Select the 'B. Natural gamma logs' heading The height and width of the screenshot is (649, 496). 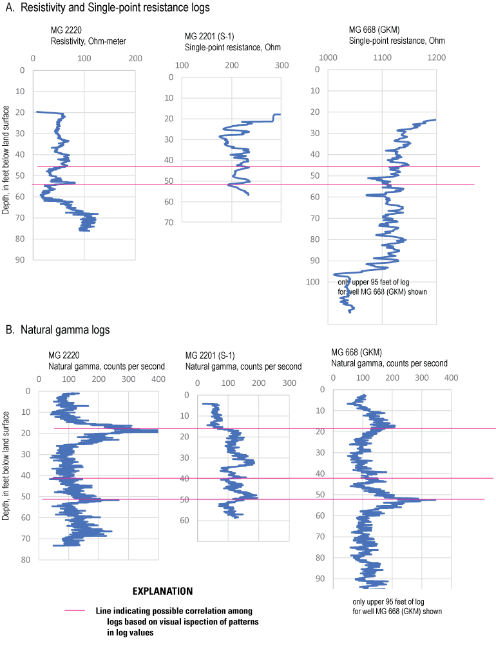coord(58,330)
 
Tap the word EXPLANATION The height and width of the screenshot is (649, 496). coord(162,591)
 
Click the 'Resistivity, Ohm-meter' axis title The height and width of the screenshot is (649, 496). coord(88,42)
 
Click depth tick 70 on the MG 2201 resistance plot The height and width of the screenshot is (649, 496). coord(170,223)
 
